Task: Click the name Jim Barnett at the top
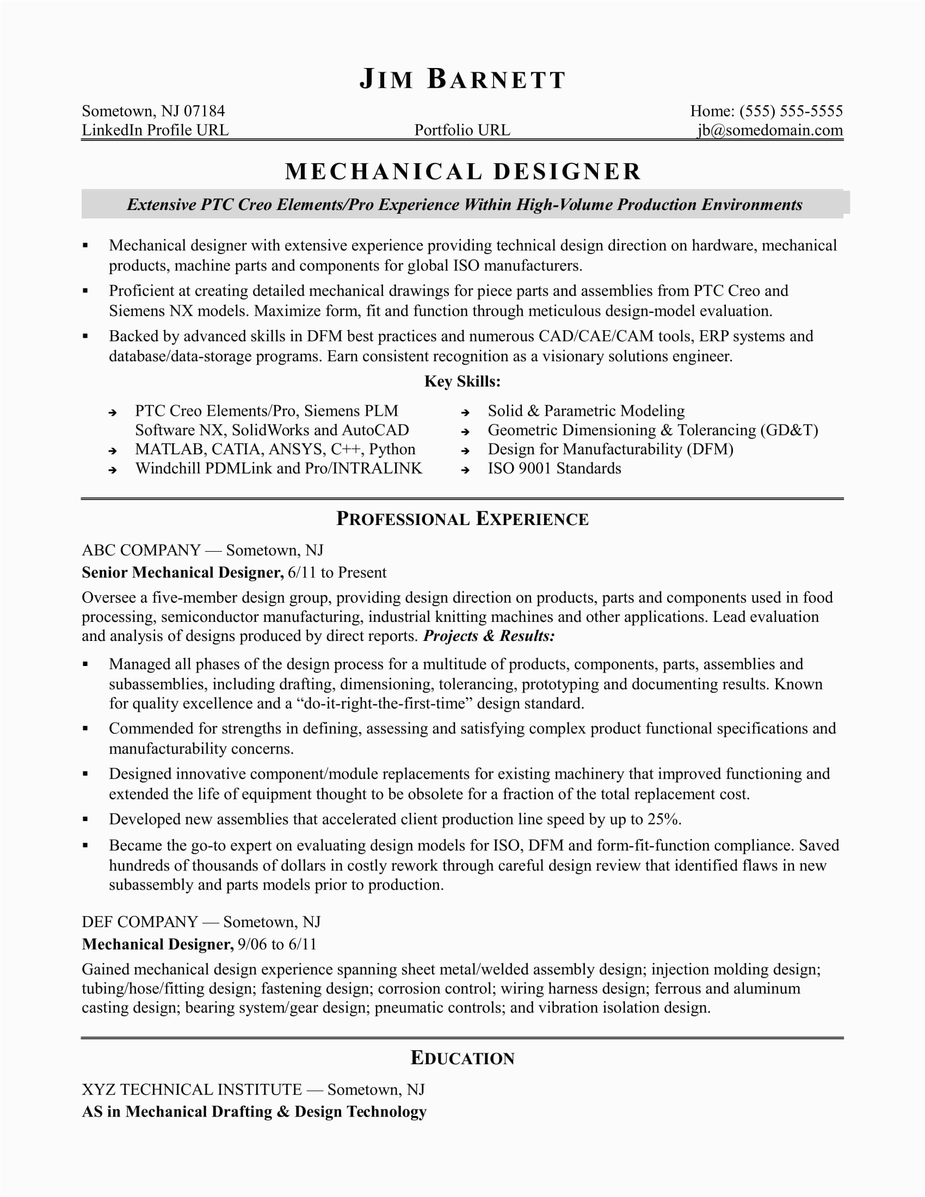point(462,79)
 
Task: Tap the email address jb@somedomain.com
point(770,131)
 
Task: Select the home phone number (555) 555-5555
point(791,111)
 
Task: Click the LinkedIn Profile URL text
point(155,131)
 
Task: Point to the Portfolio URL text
point(462,131)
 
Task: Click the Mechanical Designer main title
point(462,171)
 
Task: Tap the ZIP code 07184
point(204,111)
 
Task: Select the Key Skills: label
point(462,381)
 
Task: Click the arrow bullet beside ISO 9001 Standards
point(465,470)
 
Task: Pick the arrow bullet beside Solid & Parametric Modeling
point(465,412)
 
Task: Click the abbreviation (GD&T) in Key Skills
point(789,430)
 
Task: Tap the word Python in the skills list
point(392,449)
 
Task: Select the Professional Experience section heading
point(462,519)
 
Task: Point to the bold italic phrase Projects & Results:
point(489,635)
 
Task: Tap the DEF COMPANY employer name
point(140,922)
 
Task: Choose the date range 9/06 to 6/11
point(277,945)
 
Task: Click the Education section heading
point(462,1058)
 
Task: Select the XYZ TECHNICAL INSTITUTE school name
point(192,1090)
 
